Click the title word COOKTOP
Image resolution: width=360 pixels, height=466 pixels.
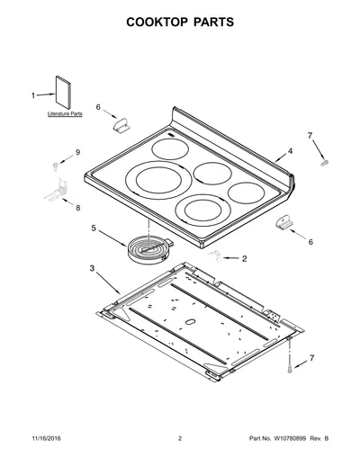tap(157, 22)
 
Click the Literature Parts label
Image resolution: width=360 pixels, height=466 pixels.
tap(65, 113)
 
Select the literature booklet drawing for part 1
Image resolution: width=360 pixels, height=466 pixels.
tap(63, 93)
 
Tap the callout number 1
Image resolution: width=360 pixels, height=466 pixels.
tap(33, 95)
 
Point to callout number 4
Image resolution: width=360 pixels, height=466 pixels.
tap(290, 151)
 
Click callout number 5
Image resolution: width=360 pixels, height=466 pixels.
tap(94, 229)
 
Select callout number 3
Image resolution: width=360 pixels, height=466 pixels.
tap(92, 268)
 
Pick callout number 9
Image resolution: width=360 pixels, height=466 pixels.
tap(78, 152)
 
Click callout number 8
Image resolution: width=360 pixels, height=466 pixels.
tap(78, 208)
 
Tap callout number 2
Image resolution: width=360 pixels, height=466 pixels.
tap(245, 258)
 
